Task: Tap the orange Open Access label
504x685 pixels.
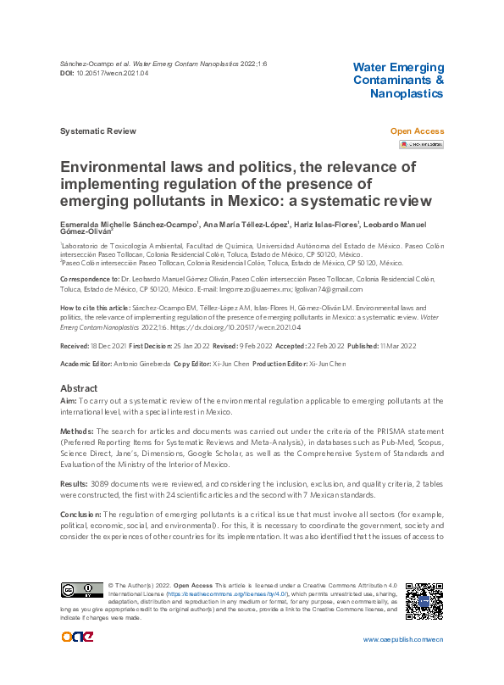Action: coord(416,131)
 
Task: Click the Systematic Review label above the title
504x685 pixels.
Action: coord(97,131)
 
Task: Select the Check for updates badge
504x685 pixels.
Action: coord(421,145)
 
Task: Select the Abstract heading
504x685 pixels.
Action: coord(80,387)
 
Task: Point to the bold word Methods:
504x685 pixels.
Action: coord(78,432)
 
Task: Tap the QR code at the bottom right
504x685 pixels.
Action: coord(424,601)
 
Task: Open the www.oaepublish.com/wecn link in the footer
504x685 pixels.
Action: coord(402,639)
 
